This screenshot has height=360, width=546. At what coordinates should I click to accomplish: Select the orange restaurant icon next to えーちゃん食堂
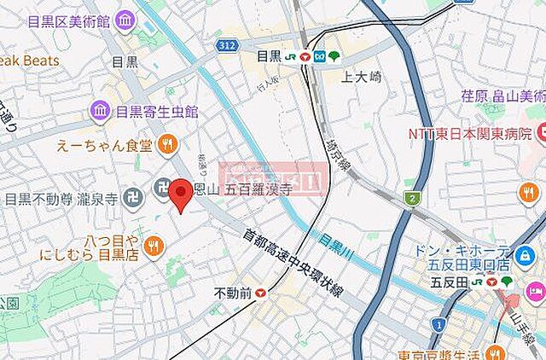[x=167, y=144]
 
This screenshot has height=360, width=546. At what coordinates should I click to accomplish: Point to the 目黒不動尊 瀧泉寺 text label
[x=63, y=199]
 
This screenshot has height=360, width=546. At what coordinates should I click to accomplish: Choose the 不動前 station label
[x=233, y=293]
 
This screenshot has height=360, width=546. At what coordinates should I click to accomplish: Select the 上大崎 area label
[x=360, y=76]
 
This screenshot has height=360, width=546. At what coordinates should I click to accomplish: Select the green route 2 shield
[x=413, y=199]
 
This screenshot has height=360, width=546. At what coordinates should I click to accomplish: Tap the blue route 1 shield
[x=438, y=323]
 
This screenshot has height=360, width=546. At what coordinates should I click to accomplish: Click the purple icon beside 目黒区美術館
[x=125, y=19]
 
